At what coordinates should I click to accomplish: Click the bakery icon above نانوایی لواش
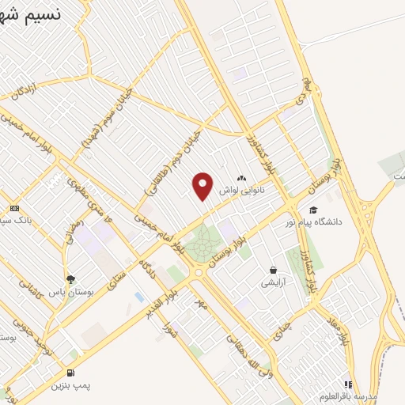tap(241, 180)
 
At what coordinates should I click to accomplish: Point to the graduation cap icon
tap(314, 210)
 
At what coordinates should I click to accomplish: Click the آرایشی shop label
tap(277, 282)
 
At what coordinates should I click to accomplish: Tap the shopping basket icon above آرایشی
tap(274, 270)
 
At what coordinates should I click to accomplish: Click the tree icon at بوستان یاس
tap(71, 279)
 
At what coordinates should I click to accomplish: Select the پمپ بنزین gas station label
tap(71, 385)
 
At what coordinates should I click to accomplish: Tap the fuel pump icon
tap(72, 373)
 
